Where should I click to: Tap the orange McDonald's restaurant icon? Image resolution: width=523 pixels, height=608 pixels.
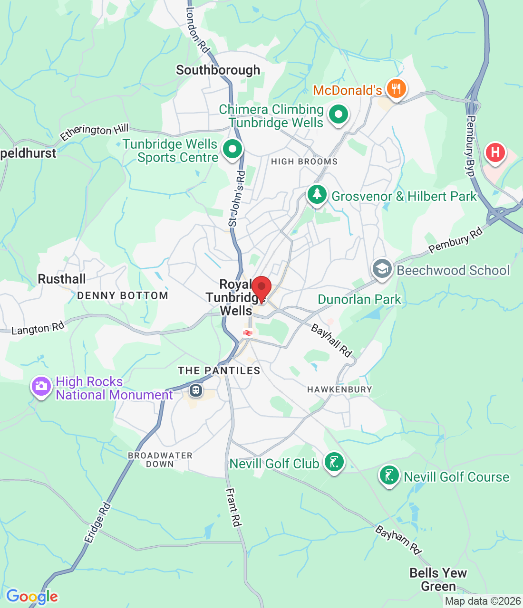(x=396, y=89)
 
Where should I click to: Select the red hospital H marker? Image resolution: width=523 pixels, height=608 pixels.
(x=495, y=153)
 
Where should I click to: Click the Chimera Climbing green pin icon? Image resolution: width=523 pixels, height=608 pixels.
(x=338, y=114)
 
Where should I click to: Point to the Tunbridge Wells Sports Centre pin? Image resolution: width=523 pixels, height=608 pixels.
(x=232, y=149)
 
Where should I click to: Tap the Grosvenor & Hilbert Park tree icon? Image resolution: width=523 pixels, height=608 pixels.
(x=317, y=195)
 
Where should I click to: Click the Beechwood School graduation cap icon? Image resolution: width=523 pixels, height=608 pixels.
(x=382, y=269)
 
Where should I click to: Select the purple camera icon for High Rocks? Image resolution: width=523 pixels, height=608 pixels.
(x=41, y=386)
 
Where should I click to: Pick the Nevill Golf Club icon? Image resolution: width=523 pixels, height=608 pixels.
(x=334, y=462)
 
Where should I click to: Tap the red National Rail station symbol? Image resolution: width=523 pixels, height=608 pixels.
(x=247, y=333)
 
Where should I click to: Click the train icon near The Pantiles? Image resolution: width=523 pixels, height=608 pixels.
(x=195, y=390)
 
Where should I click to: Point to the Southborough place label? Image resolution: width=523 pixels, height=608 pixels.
(x=218, y=70)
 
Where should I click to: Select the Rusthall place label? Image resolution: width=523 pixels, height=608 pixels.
(x=62, y=279)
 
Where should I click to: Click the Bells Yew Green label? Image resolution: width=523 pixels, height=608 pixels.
(x=438, y=579)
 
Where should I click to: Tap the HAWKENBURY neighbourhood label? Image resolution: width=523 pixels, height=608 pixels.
(x=339, y=389)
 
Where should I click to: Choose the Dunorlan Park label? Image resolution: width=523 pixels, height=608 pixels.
(x=359, y=299)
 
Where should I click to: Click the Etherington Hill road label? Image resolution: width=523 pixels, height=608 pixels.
(x=94, y=132)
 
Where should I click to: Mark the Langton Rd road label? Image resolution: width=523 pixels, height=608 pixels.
(x=38, y=328)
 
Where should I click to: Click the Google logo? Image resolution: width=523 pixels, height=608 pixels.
(x=32, y=596)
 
